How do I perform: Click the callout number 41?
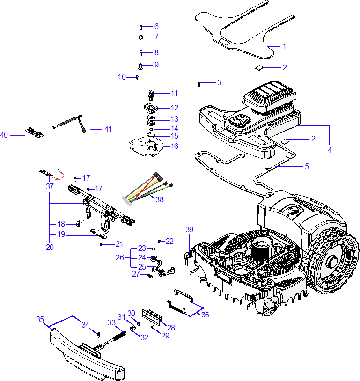click(108, 129)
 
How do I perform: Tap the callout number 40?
click(4, 135)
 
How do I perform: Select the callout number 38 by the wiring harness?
click(160, 199)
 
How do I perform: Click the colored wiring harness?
click(147, 189)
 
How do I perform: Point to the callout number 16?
click(175, 146)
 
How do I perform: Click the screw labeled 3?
click(199, 83)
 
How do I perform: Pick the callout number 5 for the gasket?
click(307, 166)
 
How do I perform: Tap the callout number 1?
click(285, 46)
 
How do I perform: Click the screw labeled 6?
click(141, 27)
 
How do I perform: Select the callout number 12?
click(175, 108)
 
